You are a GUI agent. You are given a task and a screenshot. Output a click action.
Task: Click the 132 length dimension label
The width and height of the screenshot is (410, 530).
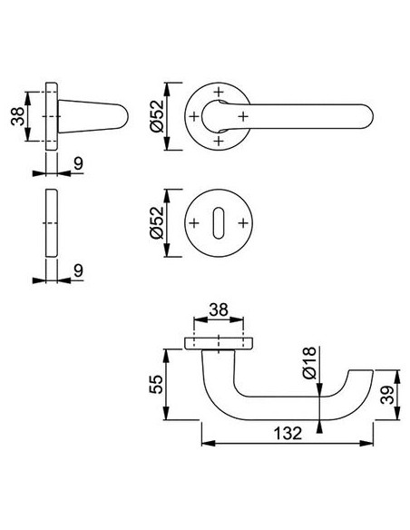287,433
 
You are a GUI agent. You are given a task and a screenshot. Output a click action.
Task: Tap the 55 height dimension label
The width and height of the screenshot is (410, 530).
156,384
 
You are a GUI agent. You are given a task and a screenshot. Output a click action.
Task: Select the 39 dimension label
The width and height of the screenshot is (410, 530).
387,395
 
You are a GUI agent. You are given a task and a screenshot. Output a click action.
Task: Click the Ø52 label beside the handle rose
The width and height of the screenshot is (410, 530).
157,116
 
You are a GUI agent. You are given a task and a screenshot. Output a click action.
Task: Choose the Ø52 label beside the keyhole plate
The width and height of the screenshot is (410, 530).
157,222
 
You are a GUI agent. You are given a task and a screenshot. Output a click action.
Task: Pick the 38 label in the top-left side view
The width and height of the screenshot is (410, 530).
17,116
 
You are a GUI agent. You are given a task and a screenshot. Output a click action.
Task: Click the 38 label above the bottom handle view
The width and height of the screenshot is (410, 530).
219,309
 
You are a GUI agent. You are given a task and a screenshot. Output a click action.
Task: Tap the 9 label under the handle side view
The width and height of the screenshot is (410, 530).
78,163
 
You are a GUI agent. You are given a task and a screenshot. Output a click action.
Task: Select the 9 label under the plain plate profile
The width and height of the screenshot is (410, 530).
78,270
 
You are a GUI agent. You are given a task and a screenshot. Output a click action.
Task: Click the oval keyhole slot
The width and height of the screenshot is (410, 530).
219,223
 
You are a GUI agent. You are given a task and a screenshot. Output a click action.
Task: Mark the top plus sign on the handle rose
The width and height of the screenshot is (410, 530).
219,92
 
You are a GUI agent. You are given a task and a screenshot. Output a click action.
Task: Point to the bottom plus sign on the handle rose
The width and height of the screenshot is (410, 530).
219,141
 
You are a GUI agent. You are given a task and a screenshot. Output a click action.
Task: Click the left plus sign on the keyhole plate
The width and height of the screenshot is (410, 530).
194,223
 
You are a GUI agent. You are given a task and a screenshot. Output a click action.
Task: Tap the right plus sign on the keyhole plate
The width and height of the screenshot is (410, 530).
243,223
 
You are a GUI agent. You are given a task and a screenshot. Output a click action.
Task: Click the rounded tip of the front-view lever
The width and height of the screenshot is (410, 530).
370,116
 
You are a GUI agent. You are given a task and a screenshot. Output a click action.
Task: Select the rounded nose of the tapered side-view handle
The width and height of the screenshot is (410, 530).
124,116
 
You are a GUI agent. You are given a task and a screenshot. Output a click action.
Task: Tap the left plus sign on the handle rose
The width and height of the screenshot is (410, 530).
194,116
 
